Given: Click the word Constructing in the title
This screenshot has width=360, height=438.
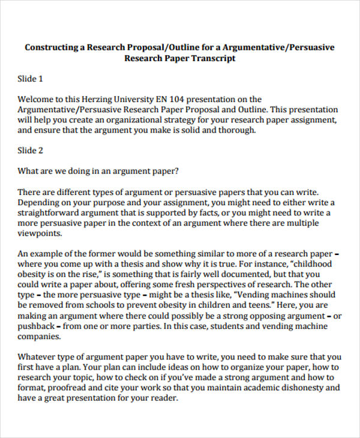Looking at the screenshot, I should click(52, 47).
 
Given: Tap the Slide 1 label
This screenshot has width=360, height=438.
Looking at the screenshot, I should click(31, 79).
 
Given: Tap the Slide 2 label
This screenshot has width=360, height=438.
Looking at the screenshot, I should click(31, 151).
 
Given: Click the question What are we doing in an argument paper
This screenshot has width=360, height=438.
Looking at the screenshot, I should click(98, 171).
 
